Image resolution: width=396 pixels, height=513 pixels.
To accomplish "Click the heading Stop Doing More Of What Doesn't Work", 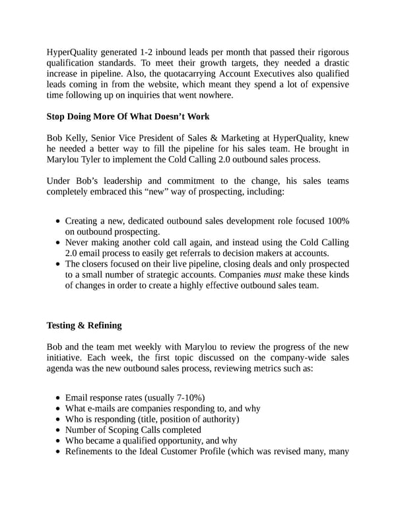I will pos(127,116).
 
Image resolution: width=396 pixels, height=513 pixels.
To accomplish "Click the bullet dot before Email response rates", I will pos(59,398).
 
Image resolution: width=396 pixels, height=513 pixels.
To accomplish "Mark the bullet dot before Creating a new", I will pos(59,221).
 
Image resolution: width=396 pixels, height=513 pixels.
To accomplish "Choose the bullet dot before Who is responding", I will pos(59,419).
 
